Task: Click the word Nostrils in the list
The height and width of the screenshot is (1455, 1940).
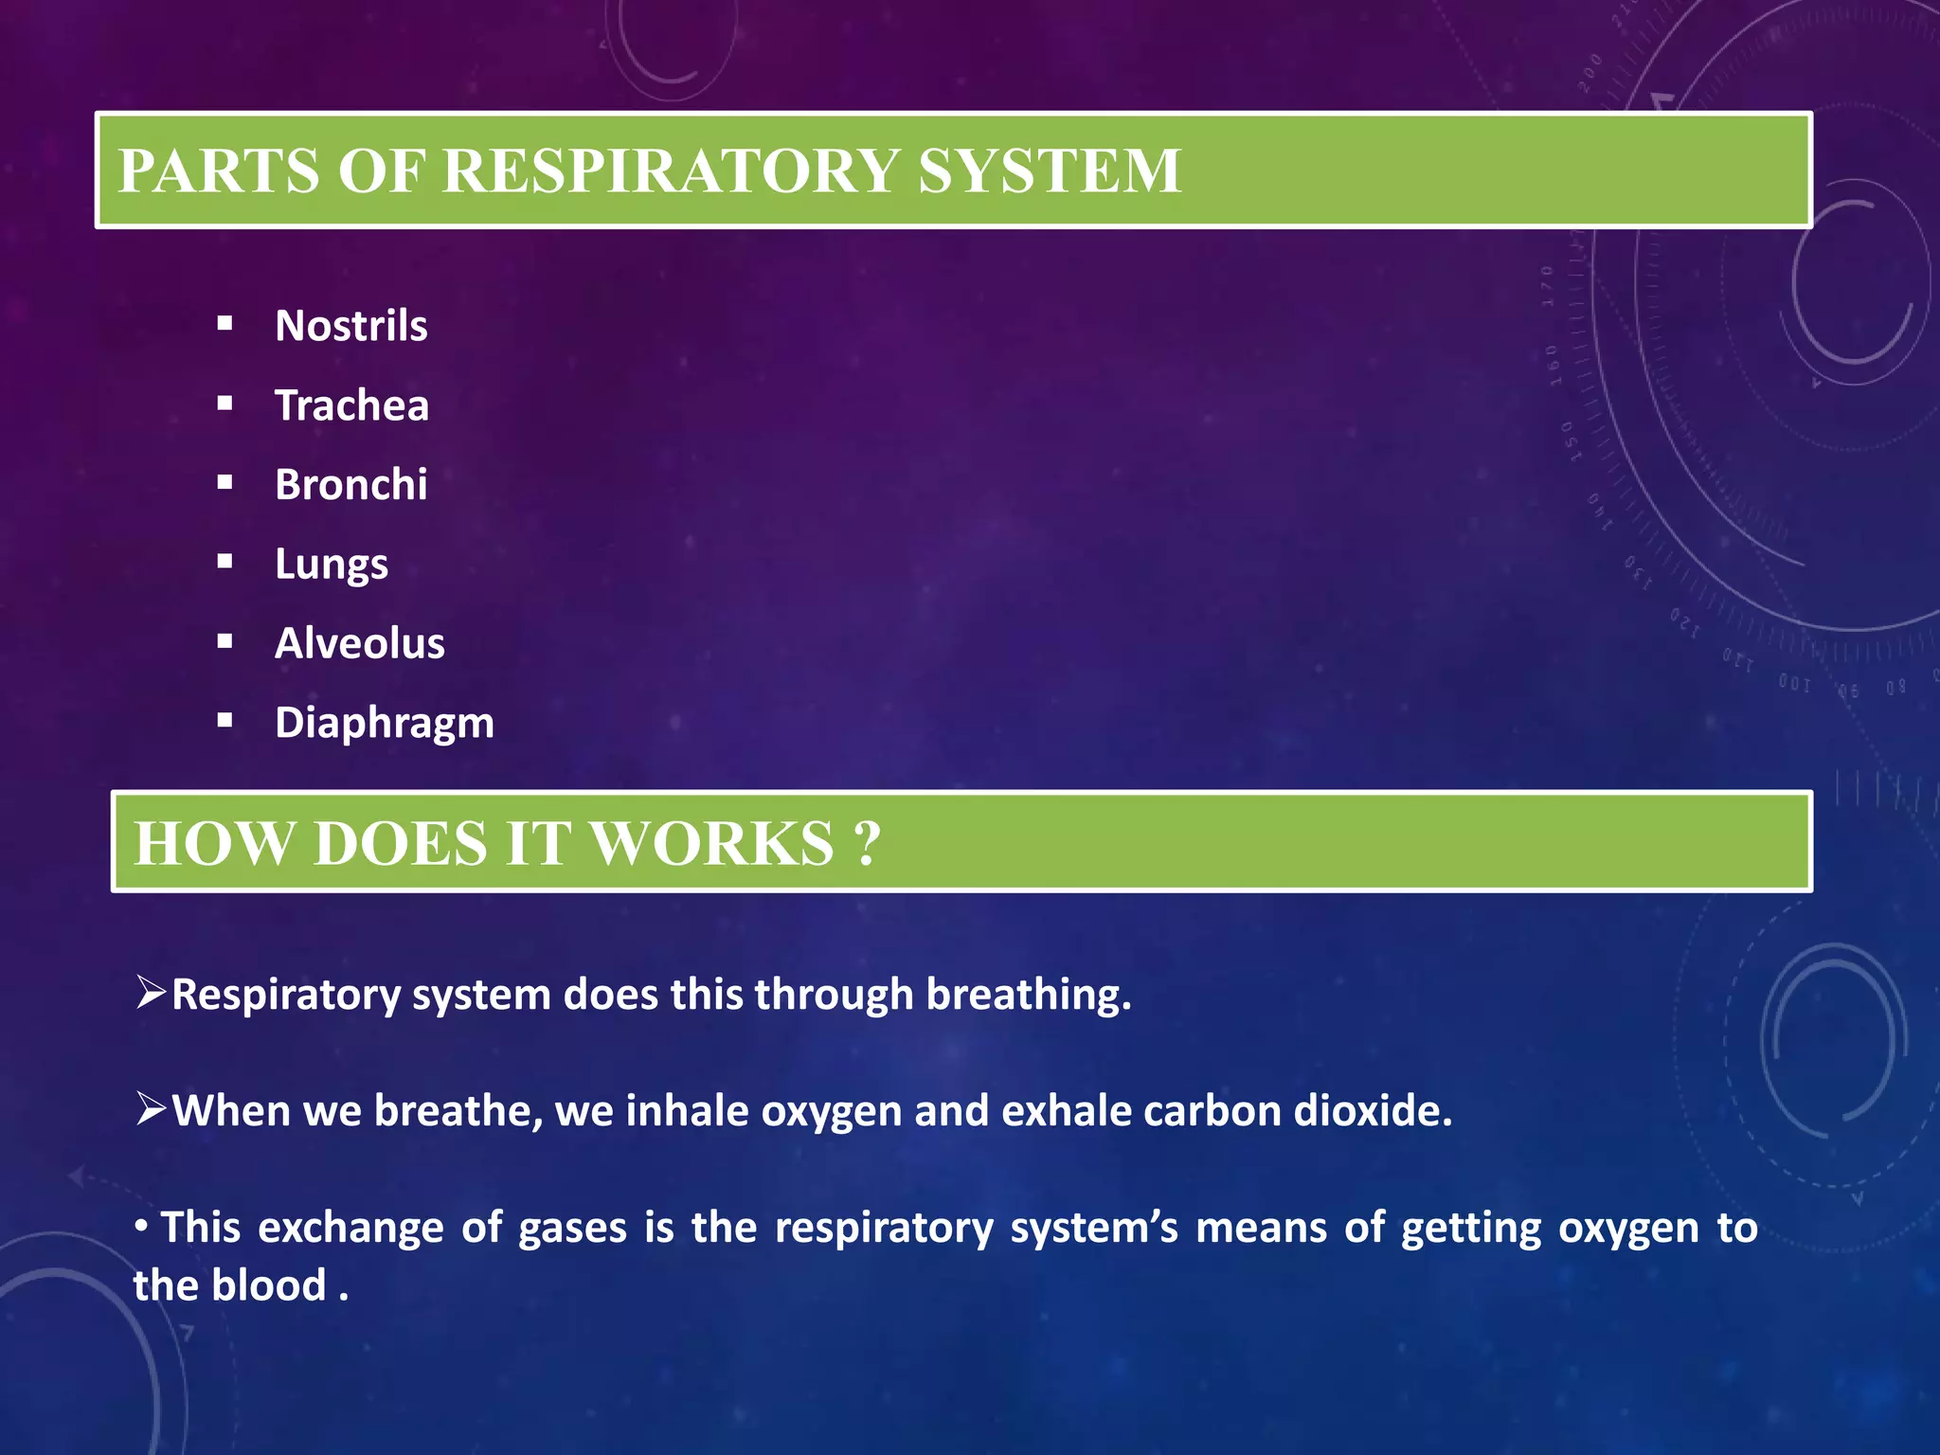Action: click(x=350, y=326)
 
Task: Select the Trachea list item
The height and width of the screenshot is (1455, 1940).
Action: click(x=351, y=405)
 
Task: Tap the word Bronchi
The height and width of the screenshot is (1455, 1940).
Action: click(x=350, y=484)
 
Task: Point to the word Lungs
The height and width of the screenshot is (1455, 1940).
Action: click(x=331, y=565)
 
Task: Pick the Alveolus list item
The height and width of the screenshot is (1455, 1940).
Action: click(x=359, y=643)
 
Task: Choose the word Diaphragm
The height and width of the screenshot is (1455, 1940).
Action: click(x=384, y=724)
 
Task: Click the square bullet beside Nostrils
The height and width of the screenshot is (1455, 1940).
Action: click(x=225, y=324)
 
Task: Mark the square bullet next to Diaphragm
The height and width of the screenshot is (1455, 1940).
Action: click(x=225, y=721)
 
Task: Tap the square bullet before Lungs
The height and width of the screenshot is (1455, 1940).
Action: click(x=225, y=562)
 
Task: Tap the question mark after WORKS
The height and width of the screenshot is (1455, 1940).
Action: click(x=867, y=842)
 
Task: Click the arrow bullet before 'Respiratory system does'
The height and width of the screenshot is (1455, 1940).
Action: click(x=151, y=993)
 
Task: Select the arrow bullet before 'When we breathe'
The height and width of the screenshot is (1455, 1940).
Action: click(x=151, y=1108)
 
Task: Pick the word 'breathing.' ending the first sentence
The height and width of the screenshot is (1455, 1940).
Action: click(x=1028, y=995)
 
